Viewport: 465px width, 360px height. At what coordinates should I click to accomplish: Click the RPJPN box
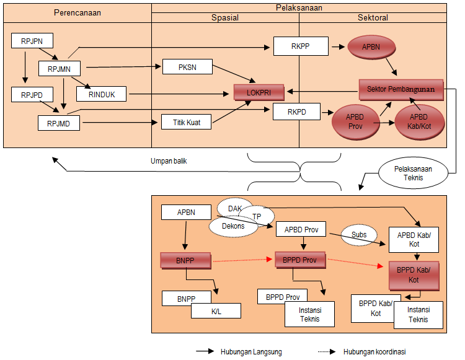pos(32,41)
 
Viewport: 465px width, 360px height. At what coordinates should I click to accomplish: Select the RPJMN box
pos(61,68)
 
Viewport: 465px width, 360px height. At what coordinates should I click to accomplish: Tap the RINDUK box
pos(101,94)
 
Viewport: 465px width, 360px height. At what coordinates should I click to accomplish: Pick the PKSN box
pos(187,67)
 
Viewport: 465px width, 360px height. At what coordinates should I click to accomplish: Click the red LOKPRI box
pos(259,93)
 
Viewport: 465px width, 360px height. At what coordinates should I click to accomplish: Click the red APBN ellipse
pos(372,46)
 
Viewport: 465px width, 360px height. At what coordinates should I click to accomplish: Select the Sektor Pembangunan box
pos(401,89)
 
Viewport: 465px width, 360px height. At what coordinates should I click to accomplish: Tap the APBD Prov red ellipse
pos(355,121)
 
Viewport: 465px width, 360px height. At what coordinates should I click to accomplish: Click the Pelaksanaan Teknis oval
pos(412,173)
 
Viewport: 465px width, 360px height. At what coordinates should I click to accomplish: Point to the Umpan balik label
pos(169,161)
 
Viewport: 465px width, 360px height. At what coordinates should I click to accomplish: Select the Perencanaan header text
pos(77,12)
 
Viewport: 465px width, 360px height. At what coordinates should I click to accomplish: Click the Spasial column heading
pos(225,18)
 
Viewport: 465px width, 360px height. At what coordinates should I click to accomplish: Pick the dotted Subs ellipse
pos(359,234)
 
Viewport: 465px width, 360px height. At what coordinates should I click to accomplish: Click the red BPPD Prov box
pos(299,260)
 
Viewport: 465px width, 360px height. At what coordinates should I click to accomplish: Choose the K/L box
pos(216,310)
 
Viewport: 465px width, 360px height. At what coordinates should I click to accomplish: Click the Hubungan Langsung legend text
pos(251,352)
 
